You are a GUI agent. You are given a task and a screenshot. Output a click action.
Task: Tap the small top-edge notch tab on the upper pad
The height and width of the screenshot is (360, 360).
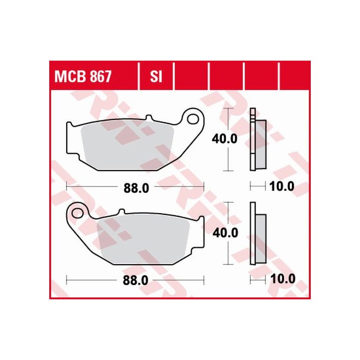coord(148,118)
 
